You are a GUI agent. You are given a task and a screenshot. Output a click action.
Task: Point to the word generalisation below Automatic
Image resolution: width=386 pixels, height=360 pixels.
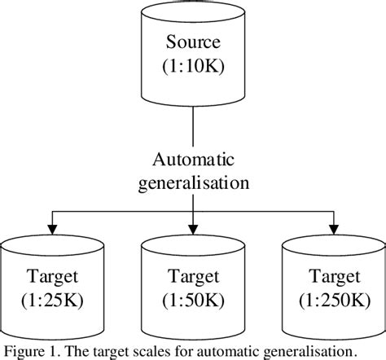pos(193,183)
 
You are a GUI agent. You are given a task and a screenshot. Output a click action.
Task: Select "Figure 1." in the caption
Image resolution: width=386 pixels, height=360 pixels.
pos(30,351)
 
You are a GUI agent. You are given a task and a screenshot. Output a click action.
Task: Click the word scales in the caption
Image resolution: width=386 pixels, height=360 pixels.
pos(139,351)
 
